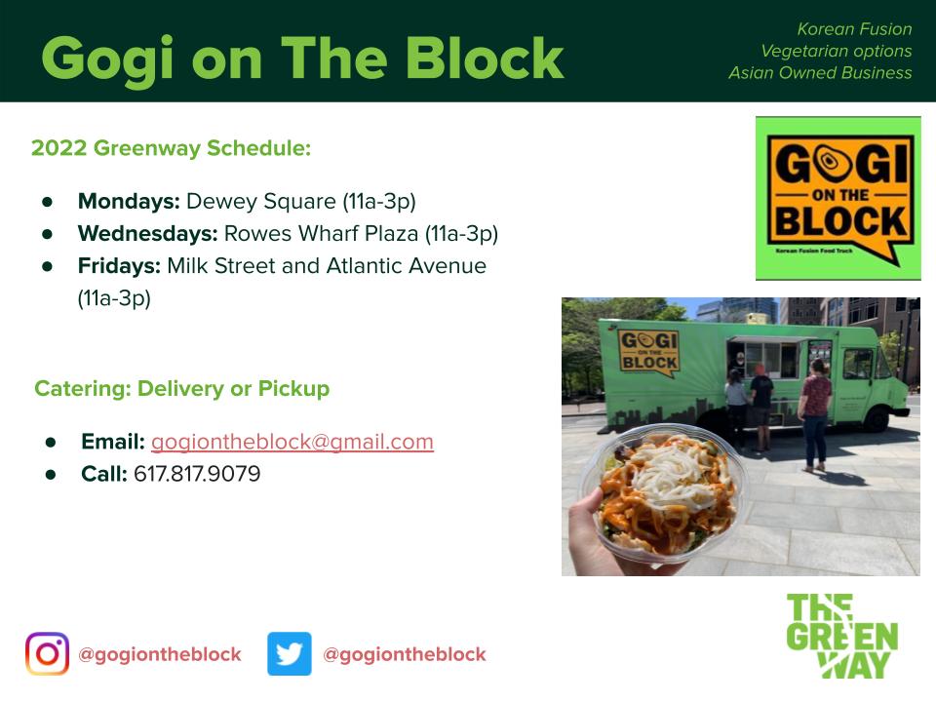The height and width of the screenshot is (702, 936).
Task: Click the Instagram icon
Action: pyautogui.click(x=47, y=653)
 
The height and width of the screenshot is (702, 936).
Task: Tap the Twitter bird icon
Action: pyautogui.click(x=290, y=653)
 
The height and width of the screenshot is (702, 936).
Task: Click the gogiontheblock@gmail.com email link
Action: pyautogui.click(x=292, y=442)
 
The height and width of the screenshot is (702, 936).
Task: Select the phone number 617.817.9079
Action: pyautogui.click(x=197, y=474)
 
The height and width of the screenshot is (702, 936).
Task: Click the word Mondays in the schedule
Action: pyautogui.click(x=129, y=201)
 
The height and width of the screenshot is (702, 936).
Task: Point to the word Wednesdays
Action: pyautogui.click(x=148, y=233)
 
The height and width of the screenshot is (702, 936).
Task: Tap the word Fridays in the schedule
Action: pyautogui.click(x=119, y=265)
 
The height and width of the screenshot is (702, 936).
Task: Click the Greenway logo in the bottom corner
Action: pyautogui.click(x=841, y=636)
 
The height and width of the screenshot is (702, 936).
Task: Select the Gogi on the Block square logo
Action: pyautogui.click(x=838, y=198)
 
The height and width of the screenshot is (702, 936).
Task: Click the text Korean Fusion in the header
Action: pyautogui.click(x=854, y=29)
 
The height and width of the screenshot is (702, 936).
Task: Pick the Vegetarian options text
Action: pyautogui.click(x=837, y=52)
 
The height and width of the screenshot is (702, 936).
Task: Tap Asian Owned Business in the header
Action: pyautogui.click(x=820, y=73)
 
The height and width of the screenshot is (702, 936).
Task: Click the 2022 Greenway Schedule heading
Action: pyautogui.click(x=172, y=148)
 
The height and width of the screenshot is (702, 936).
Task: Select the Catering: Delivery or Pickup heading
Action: pyautogui.click(x=182, y=389)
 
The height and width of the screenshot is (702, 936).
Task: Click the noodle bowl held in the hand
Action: pyautogui.click(x=663, y=492)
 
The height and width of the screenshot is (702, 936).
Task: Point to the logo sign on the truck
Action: pyautogui.click(x=649, y=352)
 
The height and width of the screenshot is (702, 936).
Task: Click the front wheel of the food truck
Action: pyautogui.click(x=877, y=418)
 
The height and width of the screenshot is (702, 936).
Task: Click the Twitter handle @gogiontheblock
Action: pyautogui.click(x=405, y=654)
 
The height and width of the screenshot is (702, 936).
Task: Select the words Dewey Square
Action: pyautogui.click(x=261, y=201)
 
